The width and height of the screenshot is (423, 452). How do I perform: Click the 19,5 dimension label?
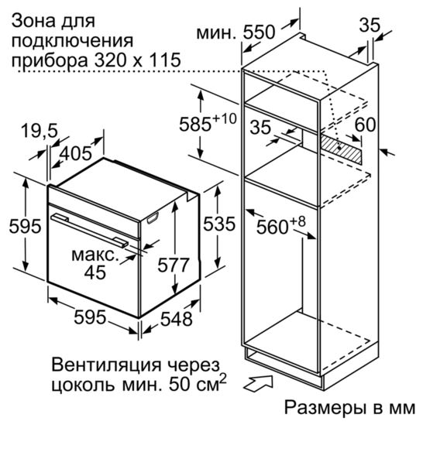point(40,131)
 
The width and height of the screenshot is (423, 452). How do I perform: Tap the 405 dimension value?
point(76,153)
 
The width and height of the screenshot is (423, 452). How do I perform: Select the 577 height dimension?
point(173,265)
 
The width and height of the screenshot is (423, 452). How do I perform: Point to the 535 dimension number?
point(219,224)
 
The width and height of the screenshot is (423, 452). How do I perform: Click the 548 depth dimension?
point(177,319)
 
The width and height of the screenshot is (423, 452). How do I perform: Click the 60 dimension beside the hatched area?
point(365,125)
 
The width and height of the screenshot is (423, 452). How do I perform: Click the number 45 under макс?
point(95,272)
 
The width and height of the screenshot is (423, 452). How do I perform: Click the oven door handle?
point(90,231)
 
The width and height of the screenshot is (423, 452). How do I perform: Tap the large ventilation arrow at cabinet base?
point(258,383)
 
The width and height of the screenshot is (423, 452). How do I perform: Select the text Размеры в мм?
point(349,407)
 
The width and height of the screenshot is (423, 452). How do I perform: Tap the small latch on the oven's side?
point(153,218)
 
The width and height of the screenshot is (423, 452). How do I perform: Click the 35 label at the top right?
point(370,25)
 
